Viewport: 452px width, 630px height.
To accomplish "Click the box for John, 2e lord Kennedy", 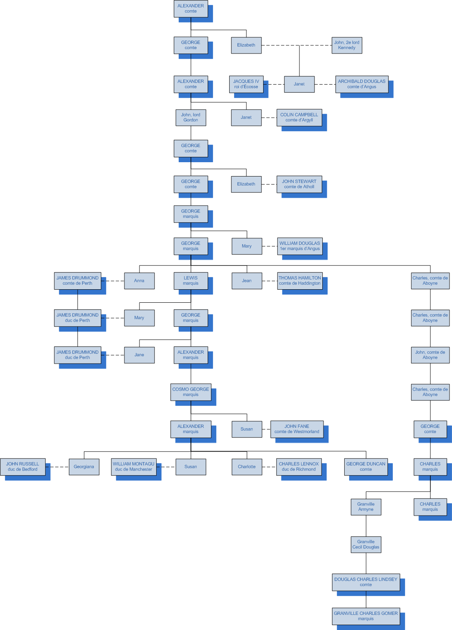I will (x=347, y=45).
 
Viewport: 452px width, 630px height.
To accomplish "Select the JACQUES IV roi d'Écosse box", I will (x=246, y=84).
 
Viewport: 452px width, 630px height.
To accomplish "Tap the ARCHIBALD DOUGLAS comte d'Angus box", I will (x=361, y=84).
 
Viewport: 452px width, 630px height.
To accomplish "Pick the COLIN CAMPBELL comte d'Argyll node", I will (x=299, y=118).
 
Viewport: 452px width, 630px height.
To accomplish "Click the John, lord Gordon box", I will (x=191, y=118).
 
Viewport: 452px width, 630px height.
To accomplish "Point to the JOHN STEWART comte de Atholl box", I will (x=299, y=184).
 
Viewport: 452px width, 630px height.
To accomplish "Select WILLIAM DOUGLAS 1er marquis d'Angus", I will (x=299, y=246).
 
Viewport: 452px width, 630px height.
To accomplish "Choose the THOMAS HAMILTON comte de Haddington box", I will (x=299, y=281).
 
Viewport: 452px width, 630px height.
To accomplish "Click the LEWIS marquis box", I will (x=191, y=281).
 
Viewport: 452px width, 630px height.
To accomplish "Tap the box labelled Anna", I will (x=139, y=281).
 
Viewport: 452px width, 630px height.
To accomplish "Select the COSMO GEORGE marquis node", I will (x=191, y=392).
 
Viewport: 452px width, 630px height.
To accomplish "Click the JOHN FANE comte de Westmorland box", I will (x=297, y=429).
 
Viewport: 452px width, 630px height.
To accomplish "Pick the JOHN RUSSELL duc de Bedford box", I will (x=22, y=467).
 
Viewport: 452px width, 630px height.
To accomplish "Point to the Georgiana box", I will (x=84, y=467).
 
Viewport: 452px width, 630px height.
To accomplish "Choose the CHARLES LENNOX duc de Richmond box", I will (x=299, y=467).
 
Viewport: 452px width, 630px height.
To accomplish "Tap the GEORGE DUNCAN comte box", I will (x=366, y=467).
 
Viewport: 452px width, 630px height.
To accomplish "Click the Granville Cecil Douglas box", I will (x=366, y=545).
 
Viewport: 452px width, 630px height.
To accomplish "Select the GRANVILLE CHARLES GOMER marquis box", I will (x=366, y=616).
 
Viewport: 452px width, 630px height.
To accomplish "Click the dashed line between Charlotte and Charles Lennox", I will (x=269, y=467).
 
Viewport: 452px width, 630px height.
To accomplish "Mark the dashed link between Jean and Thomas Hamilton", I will (x=270, y=281).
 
